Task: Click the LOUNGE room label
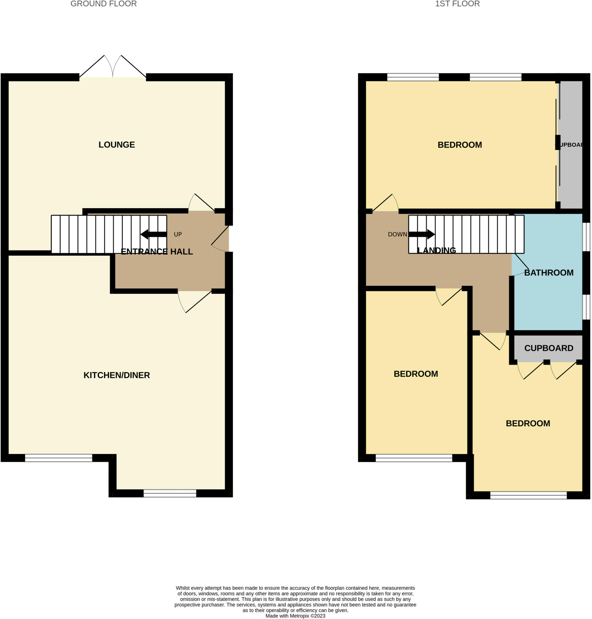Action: coord(116,144)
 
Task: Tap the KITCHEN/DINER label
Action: coord(116,375)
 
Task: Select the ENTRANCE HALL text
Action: coord(157,251)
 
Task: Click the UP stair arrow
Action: coord(153,234)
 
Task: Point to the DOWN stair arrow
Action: coord(421,234)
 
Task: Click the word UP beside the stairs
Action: coord(178,235)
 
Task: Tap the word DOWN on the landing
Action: coord(397,235)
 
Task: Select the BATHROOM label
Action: coord(548,273)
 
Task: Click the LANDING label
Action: coord(436,251)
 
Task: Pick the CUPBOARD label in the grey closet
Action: coord(548,348)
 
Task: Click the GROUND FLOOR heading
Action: coord(103,4)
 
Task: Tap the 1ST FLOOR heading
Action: coord(457,4)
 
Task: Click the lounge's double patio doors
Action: coord(113,68)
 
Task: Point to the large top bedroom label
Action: coord(460,145)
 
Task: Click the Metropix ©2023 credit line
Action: coord(295,616)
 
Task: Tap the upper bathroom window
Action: coord(586,237)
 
